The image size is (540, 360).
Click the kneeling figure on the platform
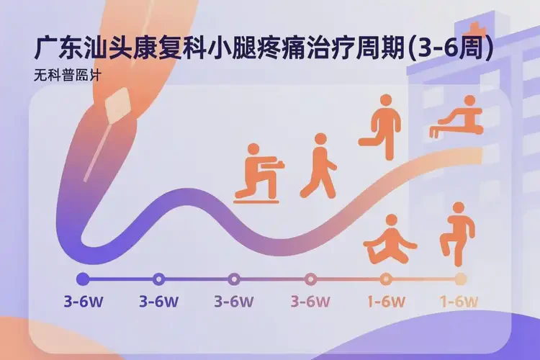point(256,173)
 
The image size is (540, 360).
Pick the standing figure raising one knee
point(456,232)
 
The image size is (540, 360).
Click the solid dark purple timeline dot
point(83,279)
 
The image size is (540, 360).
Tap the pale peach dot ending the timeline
point(461,279)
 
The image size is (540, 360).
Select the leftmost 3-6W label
point(83,301)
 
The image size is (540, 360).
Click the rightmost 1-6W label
point(460,301)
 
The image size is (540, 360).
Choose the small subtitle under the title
point(61,75)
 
